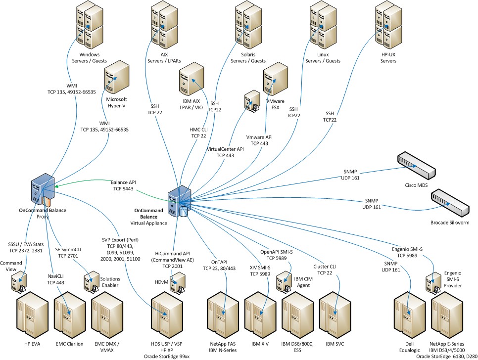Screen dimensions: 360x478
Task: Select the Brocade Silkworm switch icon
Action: coord(448,203)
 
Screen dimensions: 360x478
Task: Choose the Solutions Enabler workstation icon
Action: coord(92,280)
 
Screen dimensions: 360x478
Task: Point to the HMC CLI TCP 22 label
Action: coord(198,133)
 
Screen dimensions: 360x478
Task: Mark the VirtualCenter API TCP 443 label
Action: coord(226,151)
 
